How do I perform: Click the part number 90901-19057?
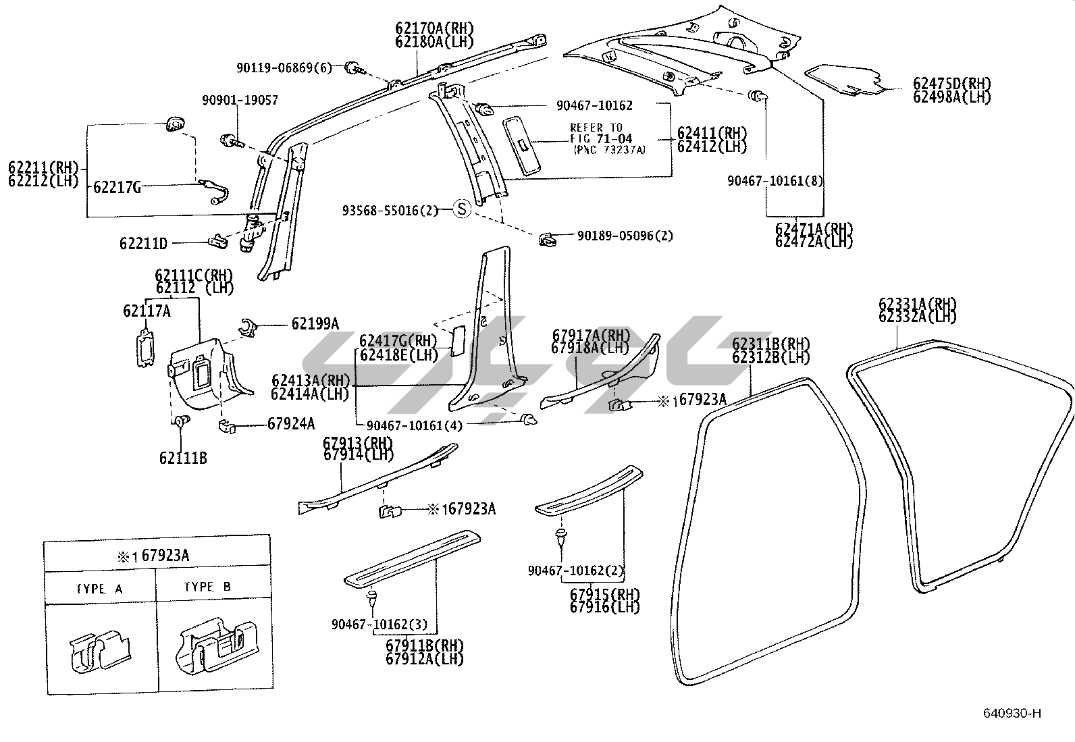click(240, 101)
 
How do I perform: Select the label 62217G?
click(117, 188)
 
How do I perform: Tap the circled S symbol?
click(461, 209)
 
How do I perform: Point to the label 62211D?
click(143, 242)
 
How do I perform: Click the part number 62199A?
click(315, 324)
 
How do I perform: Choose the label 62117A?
click(147, 311)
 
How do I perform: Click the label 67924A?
click(291, 424)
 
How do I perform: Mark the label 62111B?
click(183, 458)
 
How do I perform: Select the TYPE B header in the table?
click(207, 587)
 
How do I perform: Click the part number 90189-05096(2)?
click(625, 236)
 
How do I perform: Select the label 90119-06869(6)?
click(284, 68)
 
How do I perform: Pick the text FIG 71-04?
click(601, 139)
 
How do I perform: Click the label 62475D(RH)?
click(951, 84)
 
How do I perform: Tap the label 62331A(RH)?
click(918, 304)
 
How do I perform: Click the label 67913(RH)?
click(357, 443)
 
